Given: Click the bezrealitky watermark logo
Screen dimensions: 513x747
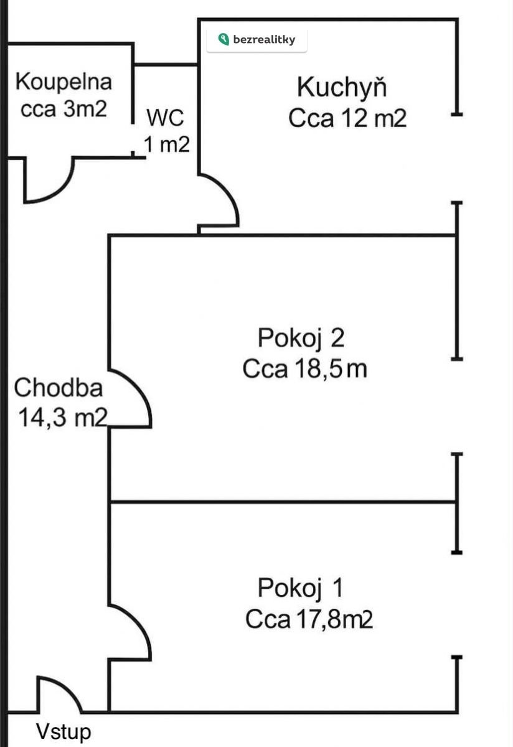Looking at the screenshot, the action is pos(256,40).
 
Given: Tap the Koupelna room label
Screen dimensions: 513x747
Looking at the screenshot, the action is pos(64,82).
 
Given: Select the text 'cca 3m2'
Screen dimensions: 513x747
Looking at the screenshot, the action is pos(64,108).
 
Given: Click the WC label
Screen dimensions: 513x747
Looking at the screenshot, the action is pos(166,118).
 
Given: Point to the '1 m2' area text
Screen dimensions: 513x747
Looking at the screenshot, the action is pos(167,144).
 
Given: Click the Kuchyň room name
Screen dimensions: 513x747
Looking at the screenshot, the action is pos(342,87).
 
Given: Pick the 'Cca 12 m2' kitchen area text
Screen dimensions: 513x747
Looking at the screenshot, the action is pos(347,118).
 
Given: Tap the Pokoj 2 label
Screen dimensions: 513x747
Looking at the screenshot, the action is pos(301,338).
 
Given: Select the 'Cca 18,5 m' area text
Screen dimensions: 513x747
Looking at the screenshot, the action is pos(305,369).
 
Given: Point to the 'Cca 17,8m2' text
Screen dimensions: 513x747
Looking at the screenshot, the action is pos(309,619).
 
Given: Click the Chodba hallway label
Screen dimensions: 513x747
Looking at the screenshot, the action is pos(59,388).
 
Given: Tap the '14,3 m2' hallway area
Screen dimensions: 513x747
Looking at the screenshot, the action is pos(63,418).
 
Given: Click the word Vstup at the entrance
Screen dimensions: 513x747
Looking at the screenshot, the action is pos(64,731).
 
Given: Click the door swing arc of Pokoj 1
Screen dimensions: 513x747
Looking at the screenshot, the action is pos(130,632).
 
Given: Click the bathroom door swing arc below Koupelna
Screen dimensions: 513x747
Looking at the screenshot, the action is pos(49,180).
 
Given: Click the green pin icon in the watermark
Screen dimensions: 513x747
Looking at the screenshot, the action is pos(224,39).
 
